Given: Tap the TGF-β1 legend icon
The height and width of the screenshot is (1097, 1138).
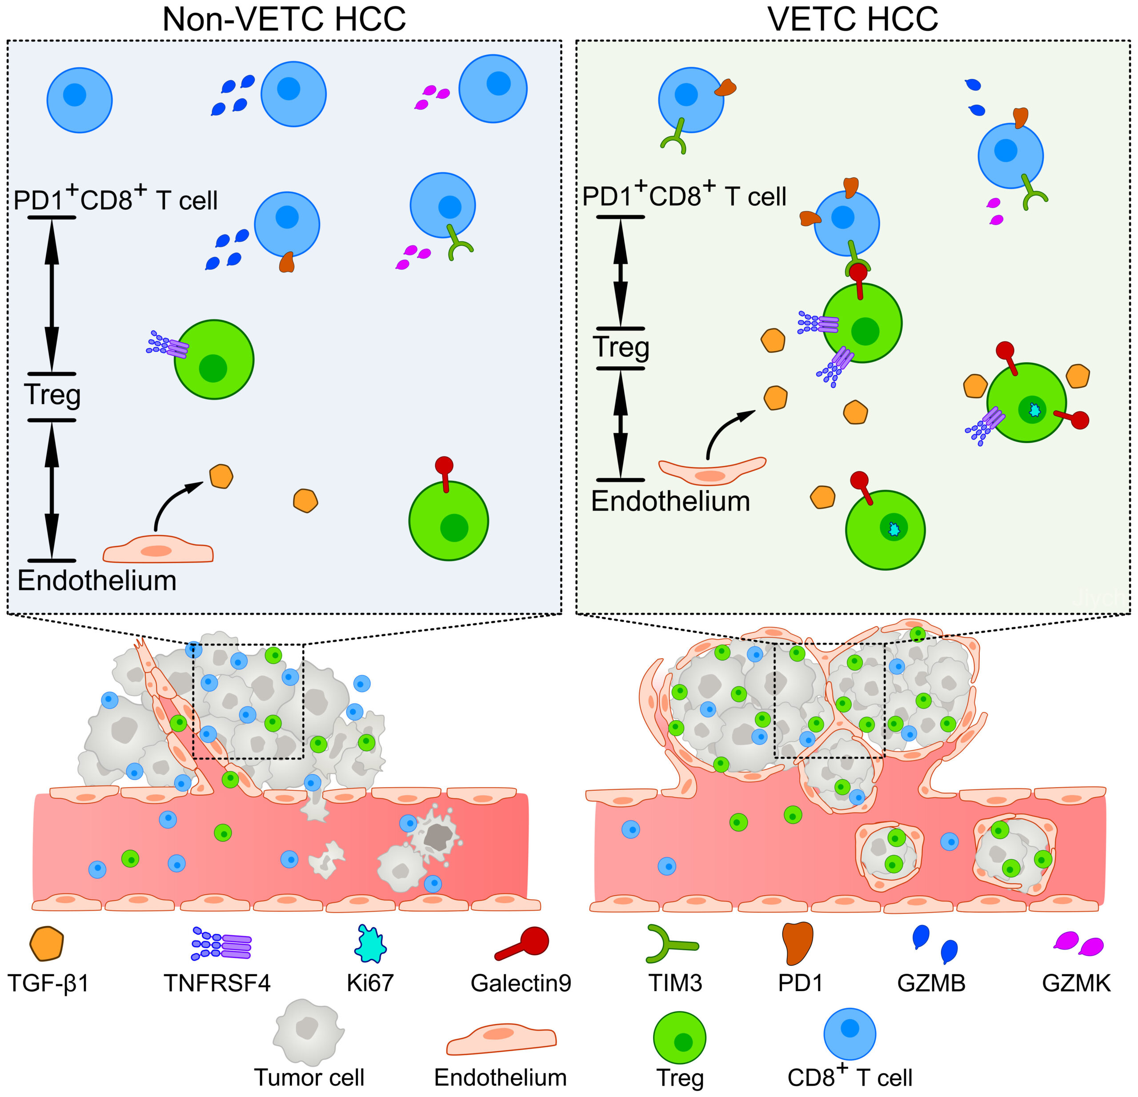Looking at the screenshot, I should pos(46,944).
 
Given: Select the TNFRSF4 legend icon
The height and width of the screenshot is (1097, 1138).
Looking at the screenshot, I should pos(222,946).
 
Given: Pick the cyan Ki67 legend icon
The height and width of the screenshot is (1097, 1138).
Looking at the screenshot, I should pos(370,944).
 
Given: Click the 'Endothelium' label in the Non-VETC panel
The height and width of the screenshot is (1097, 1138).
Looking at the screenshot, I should pos(97,581).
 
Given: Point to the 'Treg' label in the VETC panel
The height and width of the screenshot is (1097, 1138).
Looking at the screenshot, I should pos(621,348).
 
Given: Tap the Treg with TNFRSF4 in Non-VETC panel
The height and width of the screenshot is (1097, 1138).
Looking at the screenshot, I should pos(214,359).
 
